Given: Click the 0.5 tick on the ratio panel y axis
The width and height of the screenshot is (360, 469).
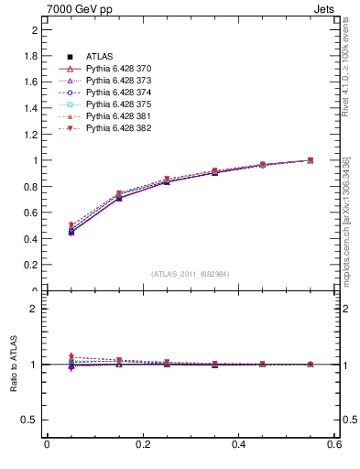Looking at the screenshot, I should click(x=30, y=420).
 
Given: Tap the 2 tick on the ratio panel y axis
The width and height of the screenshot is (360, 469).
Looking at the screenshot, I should click(x=34, y=309).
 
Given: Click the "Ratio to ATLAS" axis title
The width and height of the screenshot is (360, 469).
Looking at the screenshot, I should click(x=14, y=365).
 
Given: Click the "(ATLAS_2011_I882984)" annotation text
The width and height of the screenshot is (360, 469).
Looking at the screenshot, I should click(x=190, y=274).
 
